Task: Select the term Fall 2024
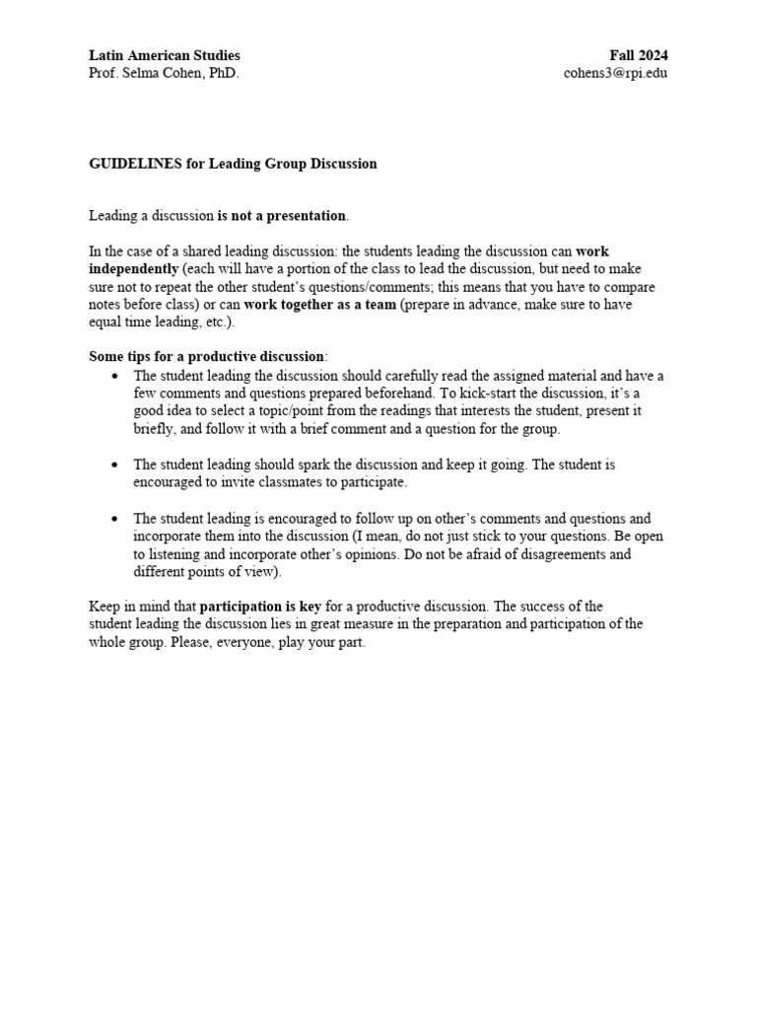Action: click(639, 56)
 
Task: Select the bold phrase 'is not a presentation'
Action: click(282, 215)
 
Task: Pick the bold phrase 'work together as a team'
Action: click(320, 305)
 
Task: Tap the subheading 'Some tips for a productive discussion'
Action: click(206, 357)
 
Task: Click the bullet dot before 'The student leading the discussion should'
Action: click(116, 376)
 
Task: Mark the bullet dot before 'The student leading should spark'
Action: click(116, 465)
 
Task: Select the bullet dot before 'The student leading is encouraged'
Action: click(116, 519)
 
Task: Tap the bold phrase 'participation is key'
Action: click(260, 607)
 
